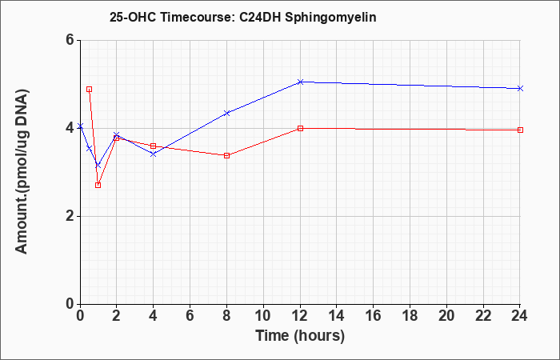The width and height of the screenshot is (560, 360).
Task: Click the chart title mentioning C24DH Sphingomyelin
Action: tap(243, 17)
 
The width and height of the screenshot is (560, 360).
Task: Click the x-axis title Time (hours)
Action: tap(300, 336)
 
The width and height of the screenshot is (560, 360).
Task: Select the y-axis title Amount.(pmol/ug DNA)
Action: tap(22, 172)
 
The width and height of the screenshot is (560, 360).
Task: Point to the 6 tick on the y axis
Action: tap(69, 40)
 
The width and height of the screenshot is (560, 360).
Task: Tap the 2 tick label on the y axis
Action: tap(69, 216)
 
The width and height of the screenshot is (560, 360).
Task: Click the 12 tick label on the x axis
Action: tap(300, 315)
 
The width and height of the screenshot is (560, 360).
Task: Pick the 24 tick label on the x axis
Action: tap(520, 315)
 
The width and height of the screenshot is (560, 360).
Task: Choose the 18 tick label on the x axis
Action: tap(410, 315)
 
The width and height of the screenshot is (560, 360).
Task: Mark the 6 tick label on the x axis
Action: tap(190, 315)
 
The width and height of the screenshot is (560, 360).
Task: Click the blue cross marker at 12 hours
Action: tap(300, 82)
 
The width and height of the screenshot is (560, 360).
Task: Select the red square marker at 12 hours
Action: tap(300, 128)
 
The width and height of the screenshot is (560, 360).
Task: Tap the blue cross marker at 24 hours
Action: tap(520, 88)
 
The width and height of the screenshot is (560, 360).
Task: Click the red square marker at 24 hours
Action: tap(520, 130)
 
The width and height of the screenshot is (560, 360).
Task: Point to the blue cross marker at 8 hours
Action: tap(226, 114)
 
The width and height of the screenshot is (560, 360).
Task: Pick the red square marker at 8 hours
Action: tap(226, 155)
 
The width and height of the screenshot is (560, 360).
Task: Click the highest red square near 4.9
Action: tap(90, 90)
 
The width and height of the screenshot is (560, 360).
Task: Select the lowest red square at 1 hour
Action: tap(98, 185)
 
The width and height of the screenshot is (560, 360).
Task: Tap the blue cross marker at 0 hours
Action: tap(80, 126)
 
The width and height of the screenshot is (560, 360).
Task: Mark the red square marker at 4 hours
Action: tap(154, 146)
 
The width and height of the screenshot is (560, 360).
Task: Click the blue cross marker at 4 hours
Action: tap(154, 154)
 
